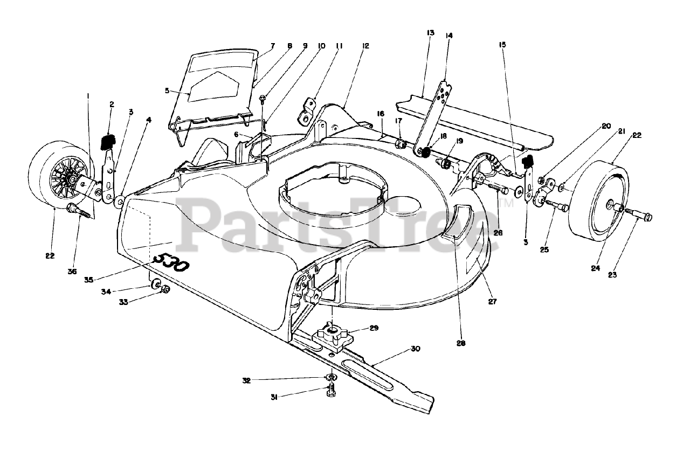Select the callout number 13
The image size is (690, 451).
(430, 33)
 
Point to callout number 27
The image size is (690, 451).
(492, 302)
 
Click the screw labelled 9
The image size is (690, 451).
(263, 98)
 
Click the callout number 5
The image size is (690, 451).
(167, 91)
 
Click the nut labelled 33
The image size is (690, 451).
(166, 289)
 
